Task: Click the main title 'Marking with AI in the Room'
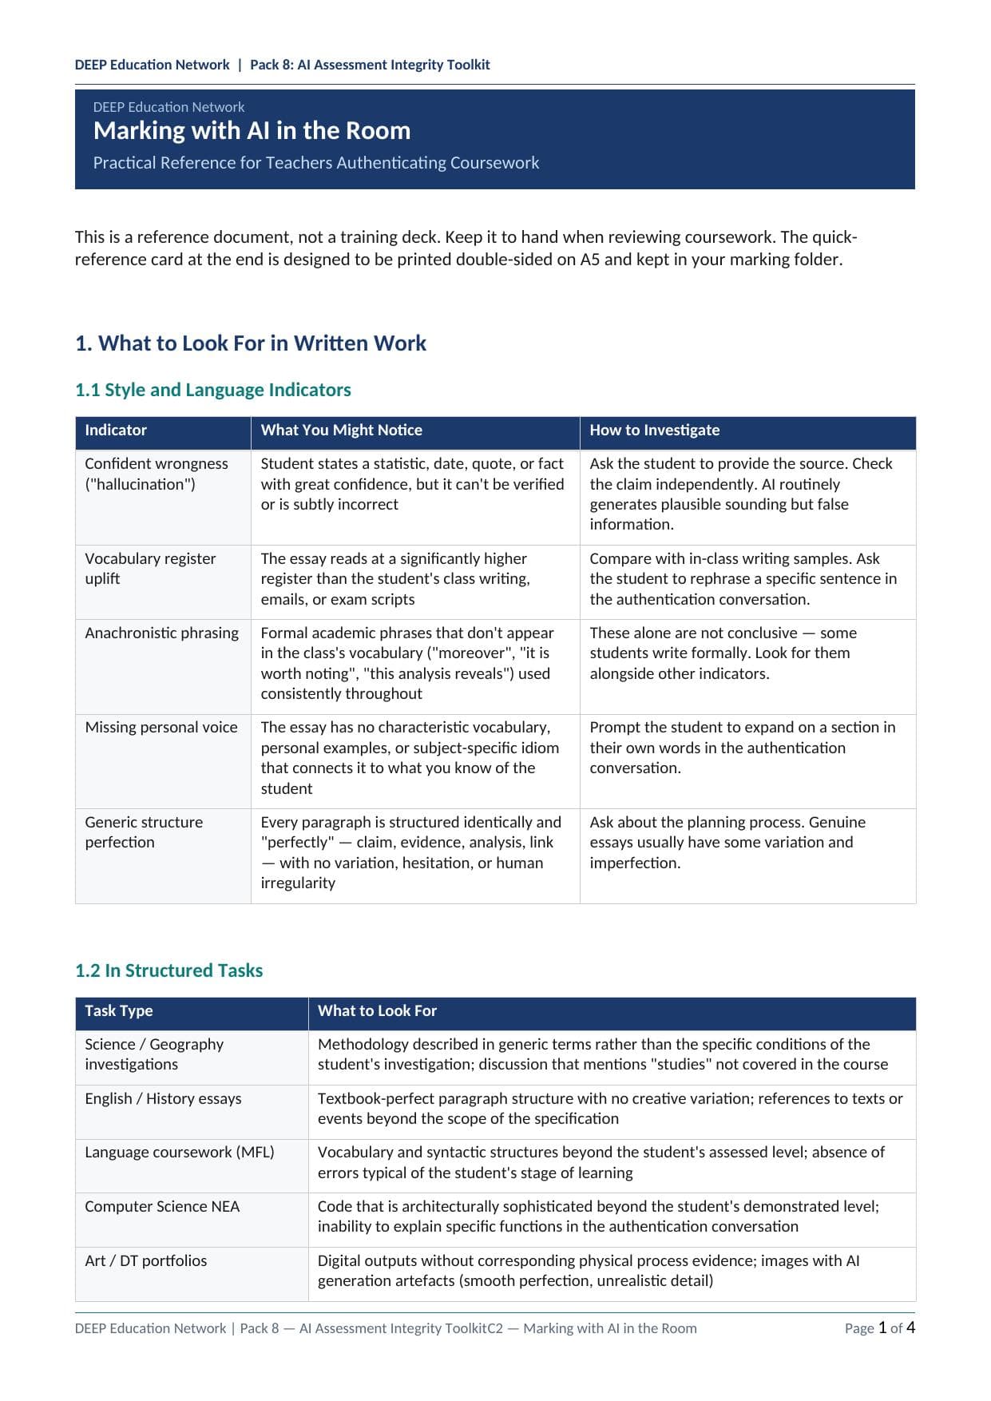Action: [x=252, y=131]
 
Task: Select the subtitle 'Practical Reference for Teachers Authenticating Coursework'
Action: [x=315, y=163]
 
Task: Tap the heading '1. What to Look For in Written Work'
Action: [x=251, y=343]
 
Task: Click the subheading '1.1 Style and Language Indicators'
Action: [x=213, y=390]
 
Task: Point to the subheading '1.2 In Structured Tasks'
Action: [x=169, y=970]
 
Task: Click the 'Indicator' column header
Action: [x=116, y=431]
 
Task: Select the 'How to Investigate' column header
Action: [x=654, y=431]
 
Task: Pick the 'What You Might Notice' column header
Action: [x=341, y=431]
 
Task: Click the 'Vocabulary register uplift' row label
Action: [x=150, y=569]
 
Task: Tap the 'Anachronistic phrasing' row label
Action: [x=162, y=633]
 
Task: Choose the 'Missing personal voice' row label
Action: [x=161, y=728]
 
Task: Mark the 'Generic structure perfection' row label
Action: [x=144, y=832]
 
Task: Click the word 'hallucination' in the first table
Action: [x=140, y=485]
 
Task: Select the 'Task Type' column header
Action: [x=119, y=1011]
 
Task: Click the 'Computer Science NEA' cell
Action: [x=162, y=1207]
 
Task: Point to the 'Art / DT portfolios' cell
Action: [x=146, y=1261]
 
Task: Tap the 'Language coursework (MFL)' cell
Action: [x=180, y=1153]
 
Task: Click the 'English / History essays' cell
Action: [x=163, y=1099]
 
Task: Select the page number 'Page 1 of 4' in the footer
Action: [x=879, y=1328]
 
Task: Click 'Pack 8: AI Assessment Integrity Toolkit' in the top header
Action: [x=370, y=65]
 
